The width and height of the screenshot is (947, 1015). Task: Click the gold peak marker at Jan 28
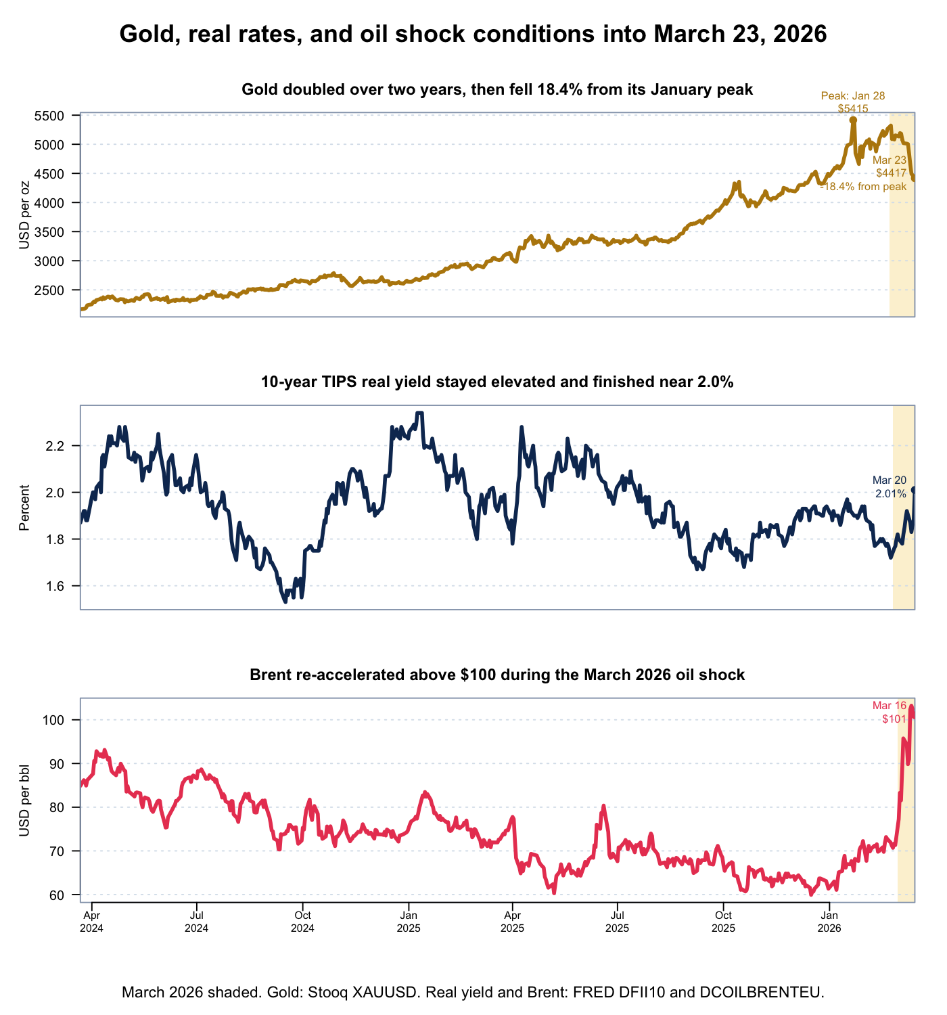(853, 120)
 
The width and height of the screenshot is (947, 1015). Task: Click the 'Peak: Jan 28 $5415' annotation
(852, 102)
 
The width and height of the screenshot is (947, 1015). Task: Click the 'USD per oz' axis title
(25, 215)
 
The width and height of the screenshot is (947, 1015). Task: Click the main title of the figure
(473, 34)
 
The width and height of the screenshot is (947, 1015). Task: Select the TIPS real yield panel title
(497, 382)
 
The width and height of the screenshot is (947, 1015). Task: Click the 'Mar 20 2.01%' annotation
(890, 487)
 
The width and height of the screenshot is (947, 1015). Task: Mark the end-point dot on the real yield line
(914, 489)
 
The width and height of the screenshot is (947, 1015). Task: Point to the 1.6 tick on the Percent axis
(63, 586)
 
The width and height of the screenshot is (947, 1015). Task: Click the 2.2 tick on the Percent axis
(63, 446)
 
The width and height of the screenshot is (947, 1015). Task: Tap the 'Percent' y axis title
(25, 507)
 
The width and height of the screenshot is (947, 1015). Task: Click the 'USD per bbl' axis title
(25, 800)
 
